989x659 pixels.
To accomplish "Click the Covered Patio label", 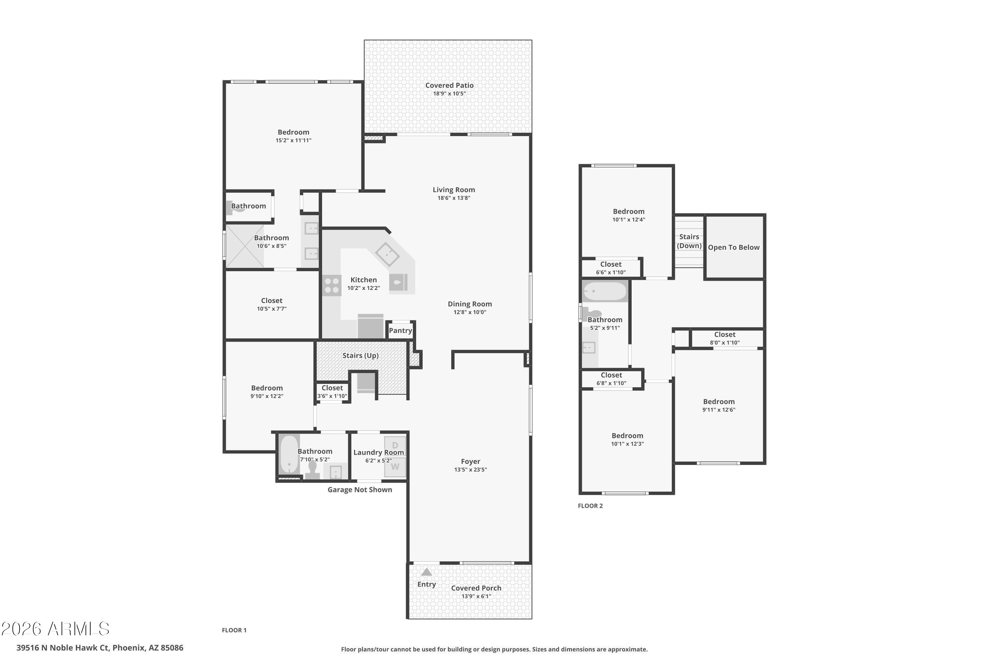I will click(449, 85).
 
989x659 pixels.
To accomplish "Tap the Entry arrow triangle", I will click(426, 572).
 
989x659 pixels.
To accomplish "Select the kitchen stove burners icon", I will click(332, 285).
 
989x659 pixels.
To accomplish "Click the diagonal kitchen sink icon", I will click(387, 254).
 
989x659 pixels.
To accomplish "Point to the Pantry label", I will click(400, 330).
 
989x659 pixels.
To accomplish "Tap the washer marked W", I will click(395, 467).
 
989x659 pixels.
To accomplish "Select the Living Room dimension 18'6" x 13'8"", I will click(454, 198).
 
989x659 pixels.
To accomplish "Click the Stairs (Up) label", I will click(360, 356).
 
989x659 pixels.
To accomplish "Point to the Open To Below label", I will click(734, 247).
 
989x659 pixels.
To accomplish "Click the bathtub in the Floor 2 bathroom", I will click(605, 291).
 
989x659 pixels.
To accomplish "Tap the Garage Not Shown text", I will click(360, 490).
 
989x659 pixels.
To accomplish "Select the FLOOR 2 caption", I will click(590, 505).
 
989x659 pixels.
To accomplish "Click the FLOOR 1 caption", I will click(234, 630).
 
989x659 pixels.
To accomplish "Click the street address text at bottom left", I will click(100, 648).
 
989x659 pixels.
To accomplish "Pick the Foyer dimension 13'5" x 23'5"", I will click(470, 470).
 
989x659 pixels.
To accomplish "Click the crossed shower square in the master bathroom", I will click(245, 246).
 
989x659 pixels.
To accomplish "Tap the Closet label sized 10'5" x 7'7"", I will click(272, 301).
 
